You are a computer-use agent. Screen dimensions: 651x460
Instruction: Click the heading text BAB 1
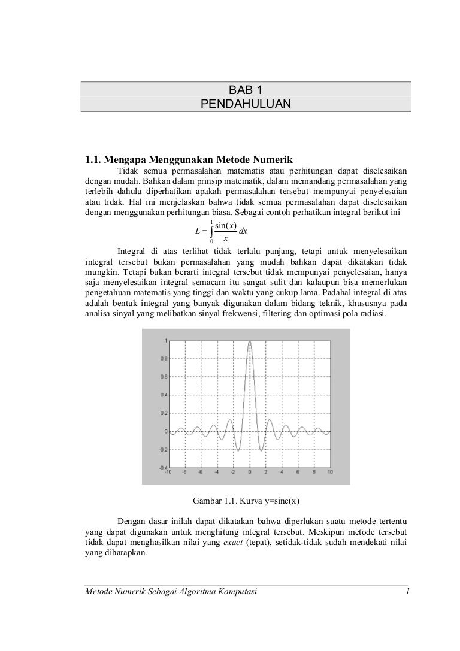point(246,90)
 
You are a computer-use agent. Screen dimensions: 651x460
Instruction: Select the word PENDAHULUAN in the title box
point(246,105)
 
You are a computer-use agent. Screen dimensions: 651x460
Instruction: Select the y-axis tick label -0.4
point(162,467)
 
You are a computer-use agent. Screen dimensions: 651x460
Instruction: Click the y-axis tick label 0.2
point(163,413)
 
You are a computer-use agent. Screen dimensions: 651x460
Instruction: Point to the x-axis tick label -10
point(168,473)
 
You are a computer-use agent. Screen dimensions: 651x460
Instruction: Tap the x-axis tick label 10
point(330,473)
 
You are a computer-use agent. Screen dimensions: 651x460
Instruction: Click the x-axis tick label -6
point(201,473)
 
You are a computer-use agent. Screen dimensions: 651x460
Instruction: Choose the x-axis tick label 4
point(282,473)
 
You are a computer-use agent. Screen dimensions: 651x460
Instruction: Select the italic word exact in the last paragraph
point(233,543)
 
